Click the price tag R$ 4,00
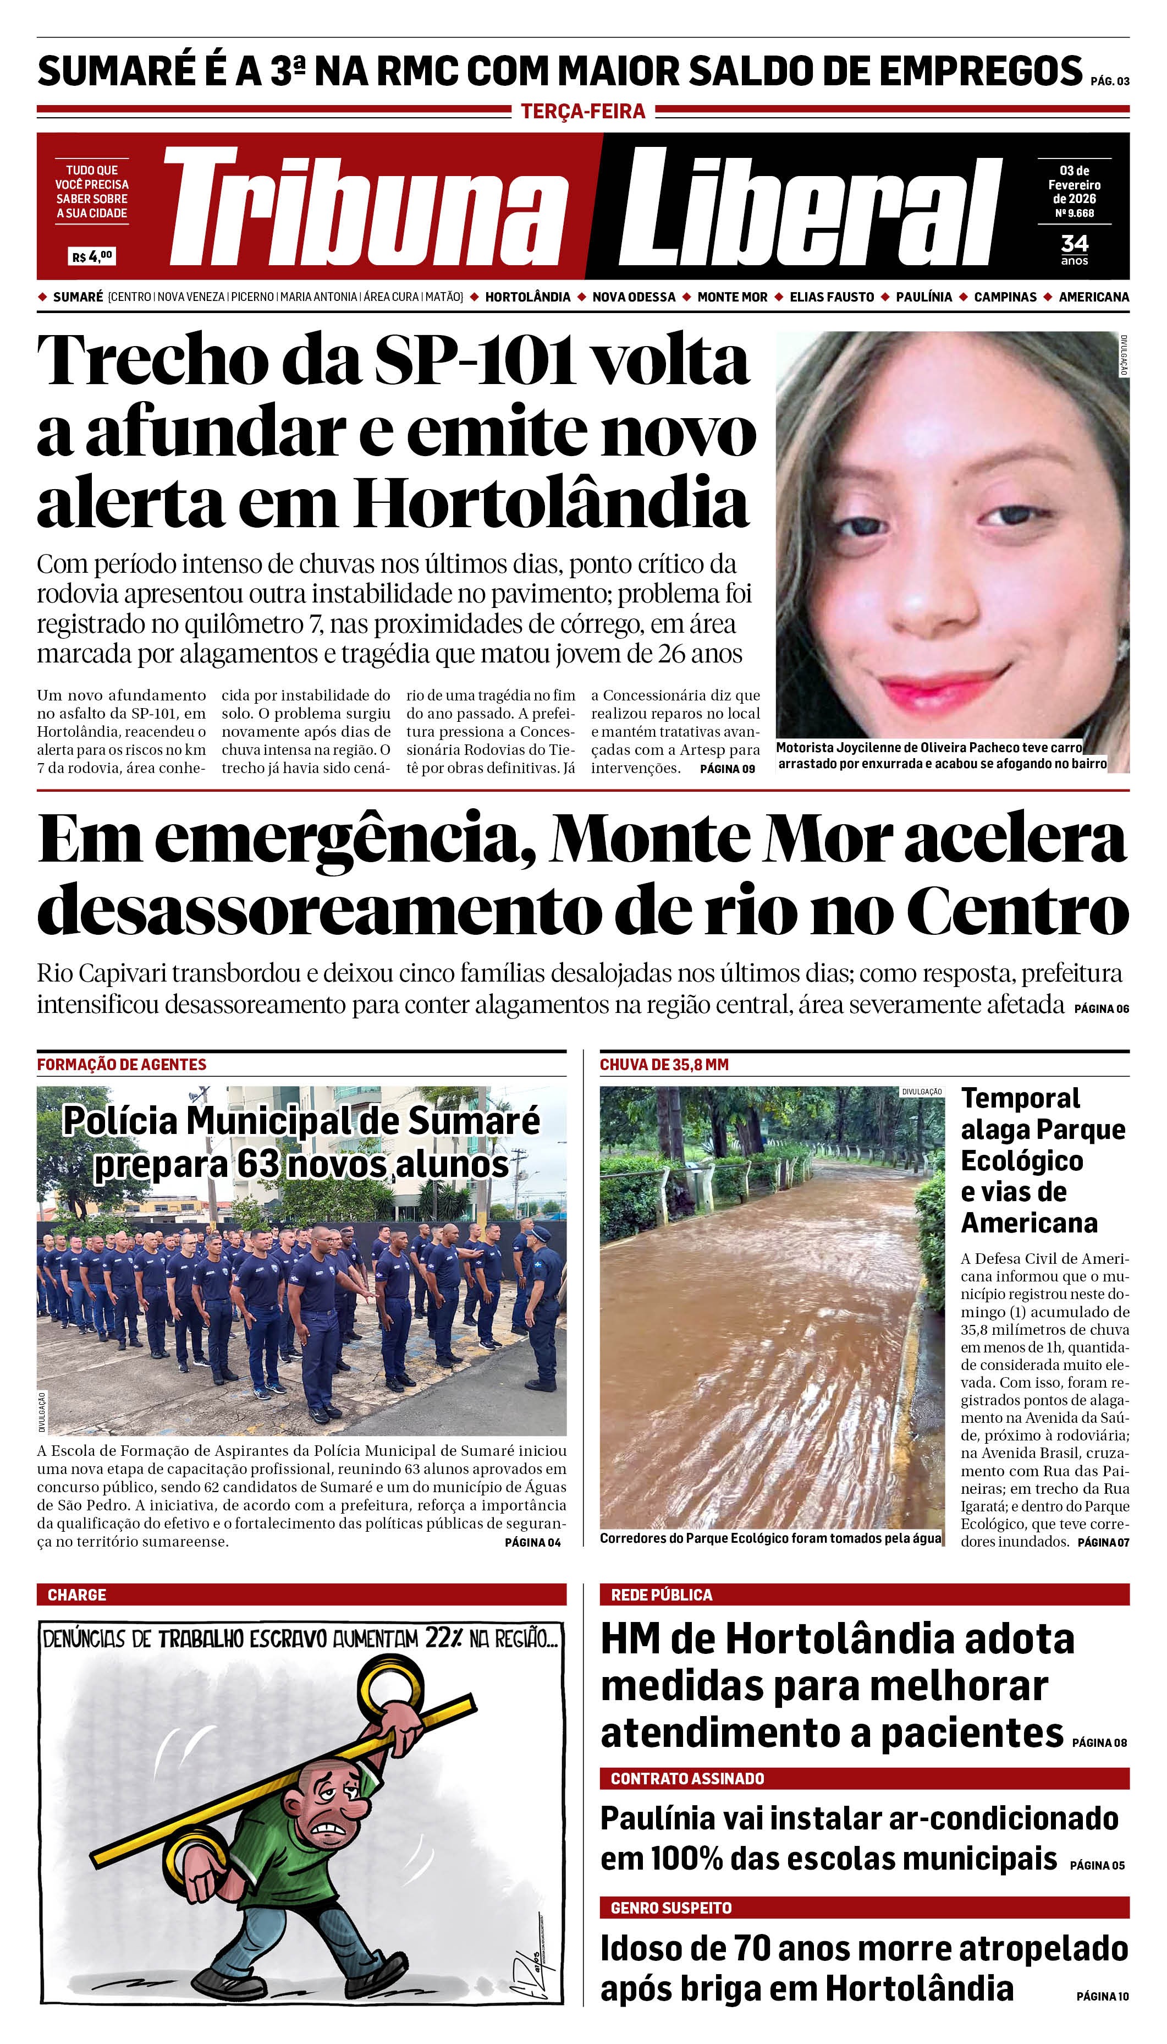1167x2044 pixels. pos(92,256)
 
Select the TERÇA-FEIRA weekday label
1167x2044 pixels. pos(583,112)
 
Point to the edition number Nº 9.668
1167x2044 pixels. pos(1074,213)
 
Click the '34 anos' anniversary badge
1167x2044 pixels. pos(1074,249)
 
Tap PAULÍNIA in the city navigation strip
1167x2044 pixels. pos(923,297)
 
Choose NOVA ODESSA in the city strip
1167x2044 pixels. pos(633,297)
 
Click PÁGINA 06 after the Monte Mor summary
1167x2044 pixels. pos(1101,1009)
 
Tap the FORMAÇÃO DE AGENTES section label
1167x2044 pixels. pos(122,1064)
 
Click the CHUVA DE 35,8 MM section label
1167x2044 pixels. pos(664,1064)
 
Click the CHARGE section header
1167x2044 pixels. pos(77,1594)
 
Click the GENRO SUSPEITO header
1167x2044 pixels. pos(671,1908)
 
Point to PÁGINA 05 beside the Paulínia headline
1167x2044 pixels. pos(1097,1865)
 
